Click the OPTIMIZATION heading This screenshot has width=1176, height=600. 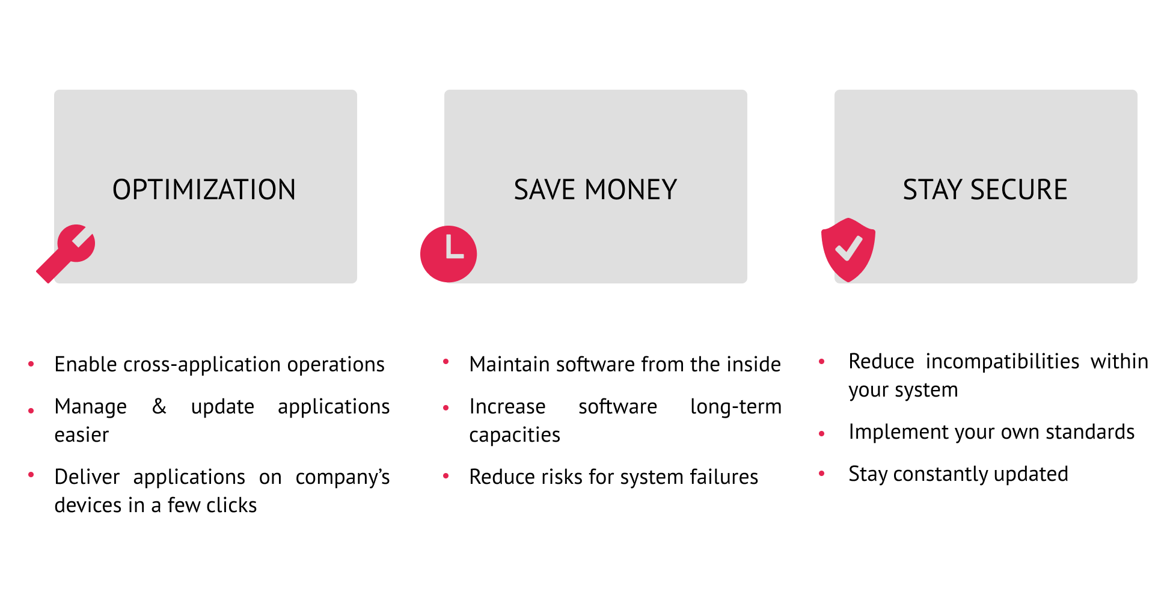(204, 190)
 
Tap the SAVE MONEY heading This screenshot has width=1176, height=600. (595, 190)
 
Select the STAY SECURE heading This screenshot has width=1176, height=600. (985, 190)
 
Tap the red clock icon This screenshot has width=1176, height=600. (449, 254)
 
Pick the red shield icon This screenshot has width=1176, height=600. (848, 249)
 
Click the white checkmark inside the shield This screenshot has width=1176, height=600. (848, 247)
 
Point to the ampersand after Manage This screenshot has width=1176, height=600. (159, 406)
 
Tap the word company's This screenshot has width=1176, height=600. (343, 477)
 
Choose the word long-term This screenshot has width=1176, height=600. (736, 407)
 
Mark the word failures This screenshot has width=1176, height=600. (724, 477)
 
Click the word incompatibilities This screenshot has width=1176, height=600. (1002, 362)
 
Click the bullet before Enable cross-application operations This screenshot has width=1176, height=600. (31, 364)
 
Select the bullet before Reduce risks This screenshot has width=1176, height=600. (446, 476)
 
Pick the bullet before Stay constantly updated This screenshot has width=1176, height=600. (822, 474)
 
